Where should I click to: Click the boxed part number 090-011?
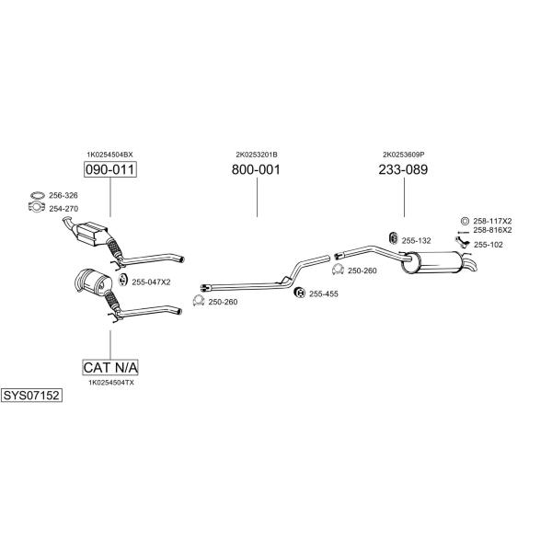click(110, 169)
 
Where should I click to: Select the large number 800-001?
click(256, 169)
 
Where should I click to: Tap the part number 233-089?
click(403, 169)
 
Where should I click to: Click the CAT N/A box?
click(110, 367)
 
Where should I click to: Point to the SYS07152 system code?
click(31, 396)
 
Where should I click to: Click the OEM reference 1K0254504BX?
click(109, 155)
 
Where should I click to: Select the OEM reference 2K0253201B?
click(257, 155)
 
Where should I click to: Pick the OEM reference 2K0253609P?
click(404, 155)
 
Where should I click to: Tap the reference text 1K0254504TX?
click(111, 383)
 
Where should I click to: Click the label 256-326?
click(63, 195)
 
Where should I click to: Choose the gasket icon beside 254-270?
click(37, 207)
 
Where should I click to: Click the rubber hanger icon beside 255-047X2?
click(122, 280)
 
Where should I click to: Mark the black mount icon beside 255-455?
click(300, 293)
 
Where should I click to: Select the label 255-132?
click(416, 241)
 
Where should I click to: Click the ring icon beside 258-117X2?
click(465, 221)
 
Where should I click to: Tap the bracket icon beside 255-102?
click(462, 242)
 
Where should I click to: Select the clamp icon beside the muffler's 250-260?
click(338, 270)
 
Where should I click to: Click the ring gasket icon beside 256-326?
click(38, 195)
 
